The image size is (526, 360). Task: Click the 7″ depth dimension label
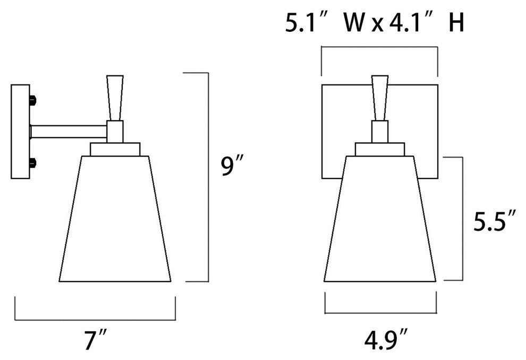point(96,340)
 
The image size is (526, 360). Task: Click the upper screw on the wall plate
point(33,100)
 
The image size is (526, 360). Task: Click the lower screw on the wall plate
point(33,162)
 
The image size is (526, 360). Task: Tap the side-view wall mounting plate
point(20,131)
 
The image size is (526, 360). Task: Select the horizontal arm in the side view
point(69,131)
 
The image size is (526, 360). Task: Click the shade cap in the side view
point(115,149)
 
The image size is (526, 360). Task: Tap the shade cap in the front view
point(380,149)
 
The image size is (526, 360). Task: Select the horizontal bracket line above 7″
point(95,320)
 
